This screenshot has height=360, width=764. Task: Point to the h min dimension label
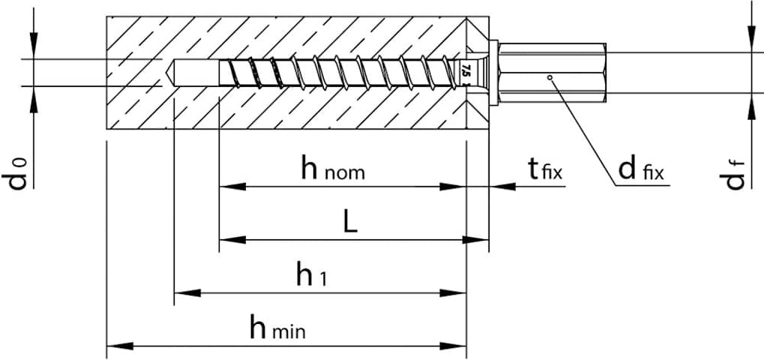point(277,328)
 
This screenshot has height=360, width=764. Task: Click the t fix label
point(544,169)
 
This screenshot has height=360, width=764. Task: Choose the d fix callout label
point(642,170)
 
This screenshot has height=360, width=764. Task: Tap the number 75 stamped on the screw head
point(466,72)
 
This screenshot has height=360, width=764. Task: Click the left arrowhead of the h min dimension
point(116,346)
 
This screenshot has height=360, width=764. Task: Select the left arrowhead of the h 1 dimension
point(184,292)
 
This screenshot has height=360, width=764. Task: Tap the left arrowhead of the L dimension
point(229,240)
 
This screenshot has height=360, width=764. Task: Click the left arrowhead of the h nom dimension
point(229,186)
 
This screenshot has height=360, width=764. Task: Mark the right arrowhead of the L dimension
point(478,240)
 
